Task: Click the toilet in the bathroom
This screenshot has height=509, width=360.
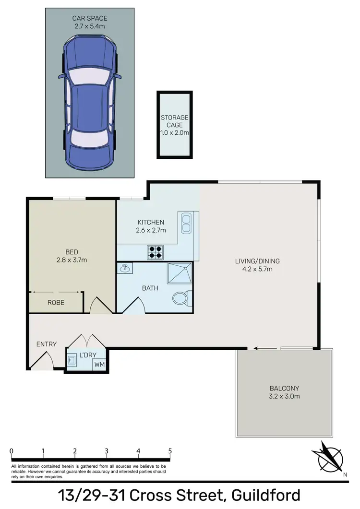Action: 181,298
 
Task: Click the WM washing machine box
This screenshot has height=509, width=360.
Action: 100,365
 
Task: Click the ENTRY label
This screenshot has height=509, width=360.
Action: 47,344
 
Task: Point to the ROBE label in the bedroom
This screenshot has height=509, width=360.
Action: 56,303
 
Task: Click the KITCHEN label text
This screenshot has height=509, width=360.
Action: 151,222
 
